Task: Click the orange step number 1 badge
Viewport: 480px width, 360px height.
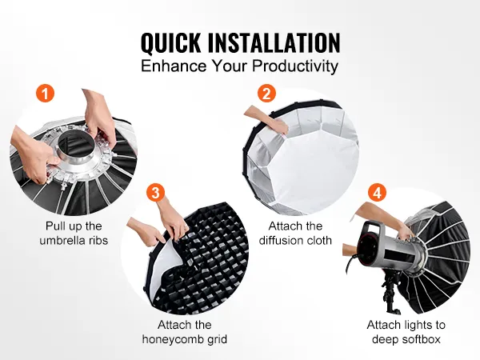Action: click(x=45, y=93)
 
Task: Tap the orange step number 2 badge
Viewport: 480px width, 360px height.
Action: click(x=266, y=93)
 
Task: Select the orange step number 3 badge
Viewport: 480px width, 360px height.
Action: click(x=155, y=193)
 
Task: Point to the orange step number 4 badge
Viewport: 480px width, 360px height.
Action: click(x=377, y=193)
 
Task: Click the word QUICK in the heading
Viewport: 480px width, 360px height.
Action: click(x=171, y=42)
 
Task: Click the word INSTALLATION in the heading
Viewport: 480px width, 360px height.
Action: click(x=274, y=42)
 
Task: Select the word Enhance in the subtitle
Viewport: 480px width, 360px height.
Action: click(x=174, y=66)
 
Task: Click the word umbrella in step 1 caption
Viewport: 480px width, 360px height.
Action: click(x=62, y=240)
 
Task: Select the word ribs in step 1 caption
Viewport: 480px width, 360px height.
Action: click(x=98, y=240)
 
